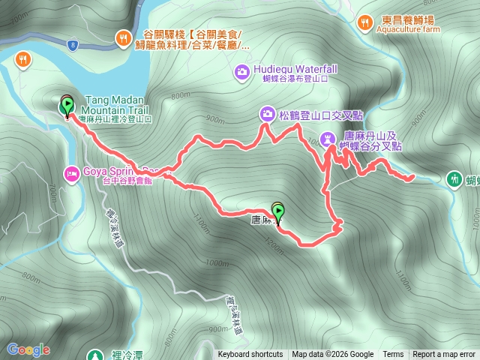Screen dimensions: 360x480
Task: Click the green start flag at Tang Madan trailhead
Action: coord(67,104)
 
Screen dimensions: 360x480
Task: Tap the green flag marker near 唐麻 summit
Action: coord(278,211)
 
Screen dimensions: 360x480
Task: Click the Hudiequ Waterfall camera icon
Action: coord(242,71)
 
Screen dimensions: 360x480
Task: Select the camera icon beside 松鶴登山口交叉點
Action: coord(267,115)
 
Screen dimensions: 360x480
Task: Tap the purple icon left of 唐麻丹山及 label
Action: coord(328,138)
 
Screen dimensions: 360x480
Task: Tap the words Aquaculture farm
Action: coord(409,31)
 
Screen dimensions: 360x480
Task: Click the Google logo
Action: coord(28,349)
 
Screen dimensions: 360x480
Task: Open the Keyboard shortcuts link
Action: coord(250,355)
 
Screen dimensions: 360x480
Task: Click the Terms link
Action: coord(393,355)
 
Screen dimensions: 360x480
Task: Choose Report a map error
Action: coord(444,355)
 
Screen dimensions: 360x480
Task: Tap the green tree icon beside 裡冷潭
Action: coord(94,355)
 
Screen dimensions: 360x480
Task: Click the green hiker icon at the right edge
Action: coord(454,179)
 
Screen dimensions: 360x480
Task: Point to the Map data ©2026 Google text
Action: coord(333,355)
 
